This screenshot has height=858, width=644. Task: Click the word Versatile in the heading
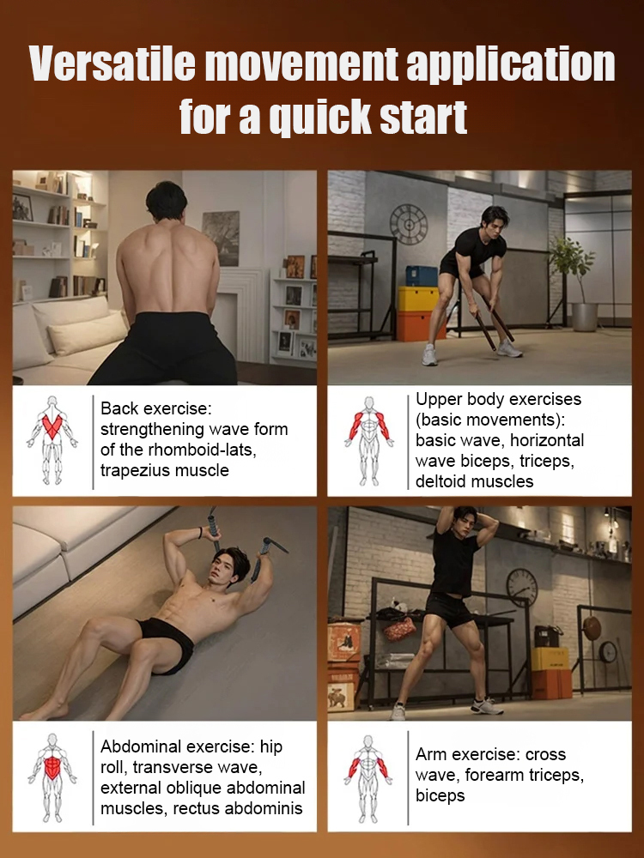pyautogui.click(x=112, y=64)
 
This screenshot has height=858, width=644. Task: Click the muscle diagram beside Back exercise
pyautogui.click(x=52, y=440)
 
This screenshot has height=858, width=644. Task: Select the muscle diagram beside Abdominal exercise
pyautogui.click(x=52, y=777)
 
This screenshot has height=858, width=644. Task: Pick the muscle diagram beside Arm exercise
pyautogui.click(x=368, y=779)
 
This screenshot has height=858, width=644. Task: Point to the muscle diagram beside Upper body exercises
pyautogui.click(x=368, y=441)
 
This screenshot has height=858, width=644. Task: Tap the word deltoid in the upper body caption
pyautogui.click(x=442, y=481)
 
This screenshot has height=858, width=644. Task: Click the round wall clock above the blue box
pyautogui.click(x=409, y=224)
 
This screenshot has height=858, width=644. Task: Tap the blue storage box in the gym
pyautogui.click(x=422, y=276)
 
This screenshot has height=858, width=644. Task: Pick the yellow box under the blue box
pyautogui.click(x=419, y=299)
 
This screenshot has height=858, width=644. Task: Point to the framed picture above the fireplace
pyautogui.click(x=221, y=238)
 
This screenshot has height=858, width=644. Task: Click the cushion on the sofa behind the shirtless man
pyautogui.click(x=87, y=332)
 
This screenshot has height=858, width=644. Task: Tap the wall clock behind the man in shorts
pyautogui.click(x=521, y=587)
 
